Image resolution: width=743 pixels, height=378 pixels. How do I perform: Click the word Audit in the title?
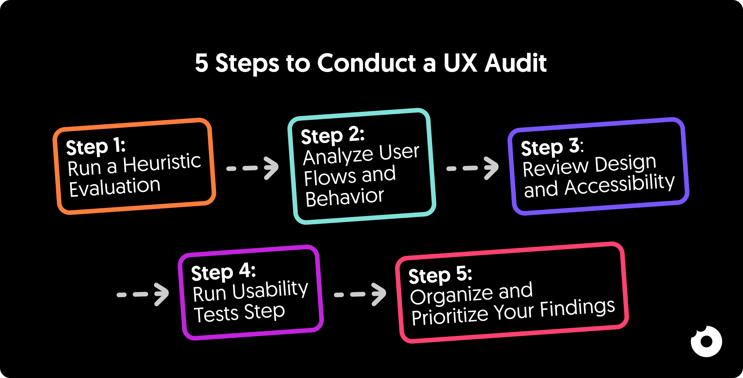516,63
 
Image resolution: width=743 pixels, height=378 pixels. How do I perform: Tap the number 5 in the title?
201,63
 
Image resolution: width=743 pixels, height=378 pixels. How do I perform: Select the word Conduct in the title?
367,63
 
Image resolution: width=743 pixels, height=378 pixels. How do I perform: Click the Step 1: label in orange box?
95,147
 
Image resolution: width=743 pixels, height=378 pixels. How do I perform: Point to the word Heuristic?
162,163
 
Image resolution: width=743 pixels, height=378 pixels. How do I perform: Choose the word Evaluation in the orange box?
115,187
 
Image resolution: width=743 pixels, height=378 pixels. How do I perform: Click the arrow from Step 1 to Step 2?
253,168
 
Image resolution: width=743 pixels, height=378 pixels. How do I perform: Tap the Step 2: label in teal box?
332,135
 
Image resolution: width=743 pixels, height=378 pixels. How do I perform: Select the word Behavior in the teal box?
344,197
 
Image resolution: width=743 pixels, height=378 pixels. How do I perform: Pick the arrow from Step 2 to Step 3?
473,168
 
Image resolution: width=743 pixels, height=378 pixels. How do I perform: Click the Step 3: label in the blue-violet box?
552,147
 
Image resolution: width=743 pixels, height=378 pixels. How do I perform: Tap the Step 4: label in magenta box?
223,272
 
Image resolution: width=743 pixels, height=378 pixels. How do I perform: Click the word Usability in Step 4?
270,290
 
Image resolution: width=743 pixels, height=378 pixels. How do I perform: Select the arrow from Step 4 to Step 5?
360,294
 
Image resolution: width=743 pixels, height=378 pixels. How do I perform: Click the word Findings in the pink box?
577,308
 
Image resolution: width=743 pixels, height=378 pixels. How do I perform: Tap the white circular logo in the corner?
706,341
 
